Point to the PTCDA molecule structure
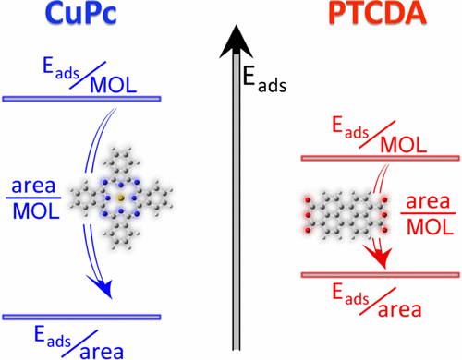coord(342,212)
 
